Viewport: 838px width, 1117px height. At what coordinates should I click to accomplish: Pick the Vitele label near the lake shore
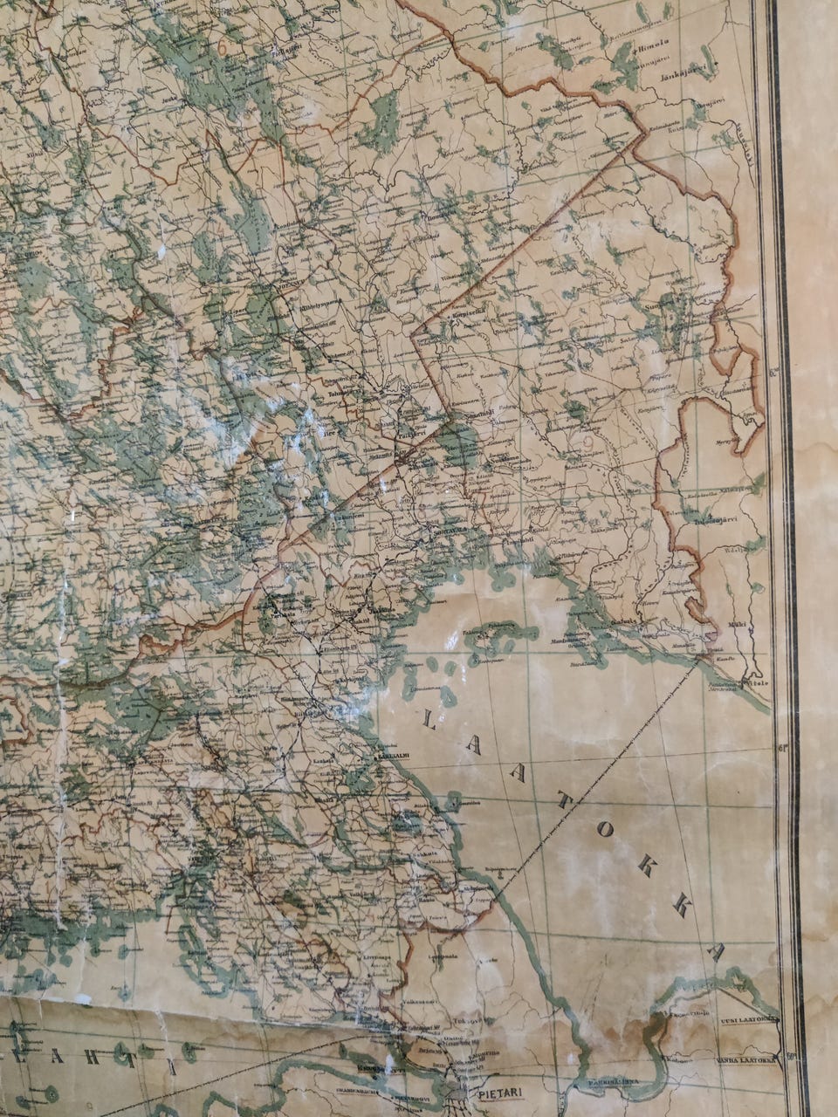coord(752,683)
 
